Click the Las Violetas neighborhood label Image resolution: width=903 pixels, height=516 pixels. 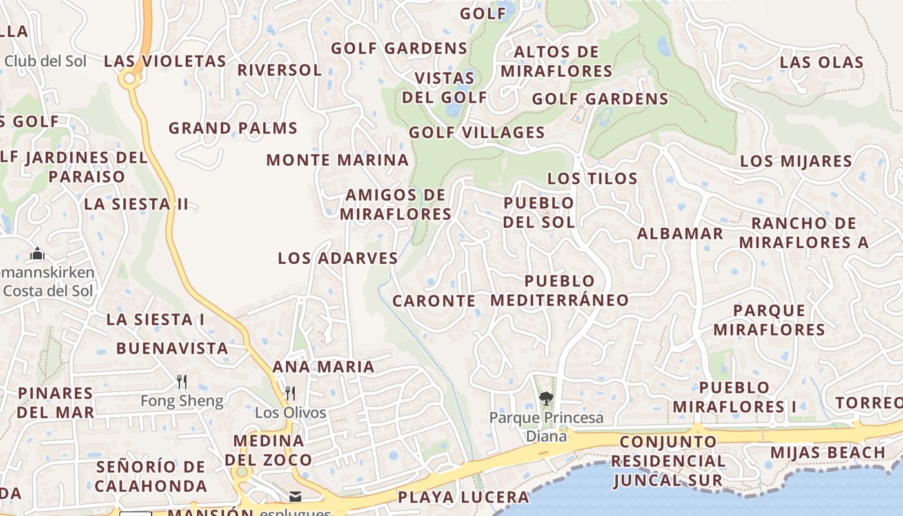coord(165,61)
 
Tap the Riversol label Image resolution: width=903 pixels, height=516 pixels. coord(279,70)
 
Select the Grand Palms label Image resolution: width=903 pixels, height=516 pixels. coord(233,128)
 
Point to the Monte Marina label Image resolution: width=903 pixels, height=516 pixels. coord(337,160)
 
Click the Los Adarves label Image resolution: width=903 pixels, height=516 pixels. coord(337,258)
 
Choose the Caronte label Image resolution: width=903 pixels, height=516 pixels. coord(433,301)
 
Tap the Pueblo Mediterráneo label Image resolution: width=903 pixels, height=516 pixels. coord(559,290)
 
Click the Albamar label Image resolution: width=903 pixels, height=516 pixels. coord(680,233)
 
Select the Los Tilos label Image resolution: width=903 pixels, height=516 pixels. coord(592,178)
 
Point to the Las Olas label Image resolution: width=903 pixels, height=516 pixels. coord(821,62)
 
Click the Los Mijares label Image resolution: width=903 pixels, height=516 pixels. coord(795,161)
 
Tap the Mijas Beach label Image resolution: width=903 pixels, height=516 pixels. coord(828,452)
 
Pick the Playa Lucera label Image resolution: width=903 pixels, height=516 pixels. coord(463,497)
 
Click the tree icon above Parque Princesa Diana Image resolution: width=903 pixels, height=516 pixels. coord(546,399)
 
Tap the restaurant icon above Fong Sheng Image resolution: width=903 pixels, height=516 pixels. coord(182,382)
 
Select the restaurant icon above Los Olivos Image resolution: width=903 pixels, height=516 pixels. coord(290,393)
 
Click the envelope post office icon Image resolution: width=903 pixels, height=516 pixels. coord(295,496)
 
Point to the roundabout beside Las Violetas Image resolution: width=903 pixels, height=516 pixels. coord(129,79)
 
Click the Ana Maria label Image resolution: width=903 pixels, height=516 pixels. coord(323,366)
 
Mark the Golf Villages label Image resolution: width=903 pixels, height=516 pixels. coord(477,132)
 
